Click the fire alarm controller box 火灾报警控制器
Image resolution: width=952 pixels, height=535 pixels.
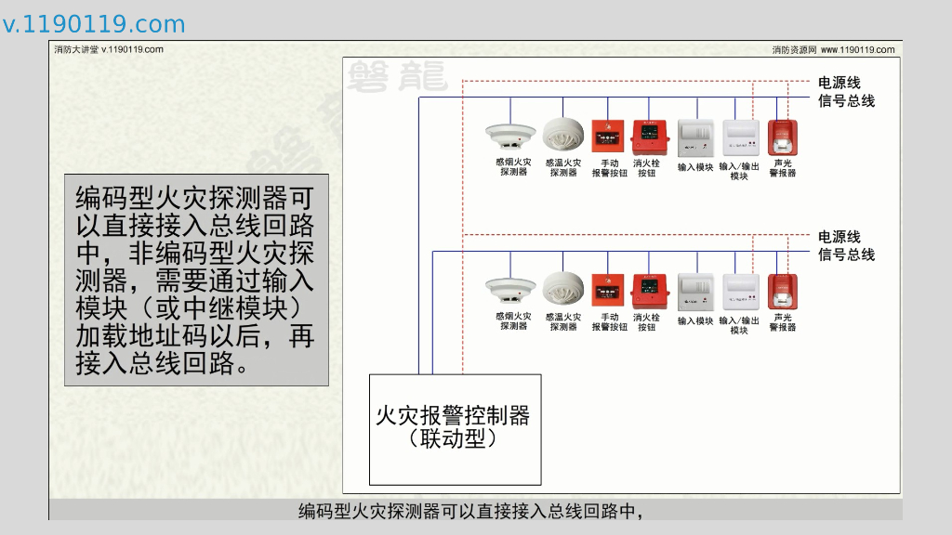tap(455, 428)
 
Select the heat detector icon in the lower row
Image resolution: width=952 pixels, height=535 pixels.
tap(562, 290)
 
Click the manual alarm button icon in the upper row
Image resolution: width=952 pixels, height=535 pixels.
tap(608, 136)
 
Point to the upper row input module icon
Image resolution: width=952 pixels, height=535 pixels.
tap(694, 137)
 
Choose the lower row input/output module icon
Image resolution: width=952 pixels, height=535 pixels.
tap(740, 292)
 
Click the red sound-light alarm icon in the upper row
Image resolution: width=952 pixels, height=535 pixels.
tap(783, 137)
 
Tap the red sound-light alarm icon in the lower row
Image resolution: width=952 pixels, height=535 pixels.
tap(783, 292)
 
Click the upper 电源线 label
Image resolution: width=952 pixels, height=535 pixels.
tap(839, 84)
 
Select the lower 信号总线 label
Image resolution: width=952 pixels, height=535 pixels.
tap(846, 254)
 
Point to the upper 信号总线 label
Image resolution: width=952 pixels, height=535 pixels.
tap(846, 100)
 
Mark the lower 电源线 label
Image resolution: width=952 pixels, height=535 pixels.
tap(839, 238)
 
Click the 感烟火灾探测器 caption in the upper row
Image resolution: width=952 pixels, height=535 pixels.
tap(512, 167)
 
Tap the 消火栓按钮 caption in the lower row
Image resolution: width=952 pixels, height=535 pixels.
tap(647, 322)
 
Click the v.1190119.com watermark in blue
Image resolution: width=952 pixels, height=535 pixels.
tap(94, 24)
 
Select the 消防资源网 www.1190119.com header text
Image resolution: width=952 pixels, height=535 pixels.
tap(833, 50)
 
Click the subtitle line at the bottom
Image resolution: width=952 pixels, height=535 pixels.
tap(470, 511)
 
